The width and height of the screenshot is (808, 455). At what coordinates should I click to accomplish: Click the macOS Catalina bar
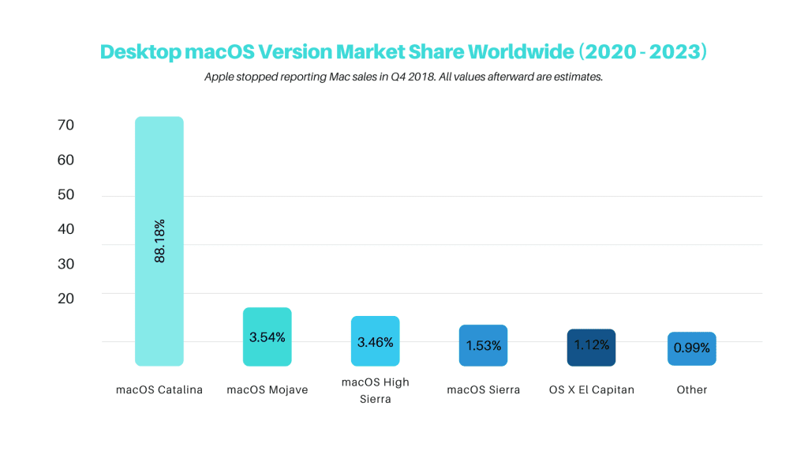click(x=159, y=241)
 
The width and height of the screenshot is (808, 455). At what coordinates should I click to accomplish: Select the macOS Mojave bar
click(x=267, y=337)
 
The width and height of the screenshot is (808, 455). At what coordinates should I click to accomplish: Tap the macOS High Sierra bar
click(x=375, y=341)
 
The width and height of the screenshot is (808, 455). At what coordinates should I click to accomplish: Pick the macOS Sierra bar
click(x=484, y=346)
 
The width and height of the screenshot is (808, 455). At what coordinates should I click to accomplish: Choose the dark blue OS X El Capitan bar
click(x=591, y=348)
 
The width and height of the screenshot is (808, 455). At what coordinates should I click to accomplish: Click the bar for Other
click(x=691, y=348)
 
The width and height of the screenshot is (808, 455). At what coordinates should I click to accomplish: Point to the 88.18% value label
click(x=159, y=241)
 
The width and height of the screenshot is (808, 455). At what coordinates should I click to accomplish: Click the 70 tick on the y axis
click(x=66, y=125)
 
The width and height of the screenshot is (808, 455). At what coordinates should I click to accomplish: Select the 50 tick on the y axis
click(x=66, y=194)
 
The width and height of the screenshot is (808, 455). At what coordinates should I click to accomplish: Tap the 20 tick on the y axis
click(x=66, y=298)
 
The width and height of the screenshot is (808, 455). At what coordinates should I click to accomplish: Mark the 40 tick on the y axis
click(x=66, y=229)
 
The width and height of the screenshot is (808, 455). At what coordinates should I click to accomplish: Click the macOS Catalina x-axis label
click(x=159, y=390)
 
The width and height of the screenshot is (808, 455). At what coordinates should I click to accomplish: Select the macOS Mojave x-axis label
click(x=267, y=390)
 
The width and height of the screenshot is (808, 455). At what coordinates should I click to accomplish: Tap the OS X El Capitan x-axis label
click(x=592, y=390)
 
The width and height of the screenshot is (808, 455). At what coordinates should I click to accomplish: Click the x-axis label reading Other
click(x=692, y=390)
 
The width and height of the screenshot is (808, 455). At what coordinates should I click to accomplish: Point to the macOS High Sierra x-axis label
click(x=375, y=390)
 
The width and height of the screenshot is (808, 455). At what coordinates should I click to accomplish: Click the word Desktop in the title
click(x=140, y=52)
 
